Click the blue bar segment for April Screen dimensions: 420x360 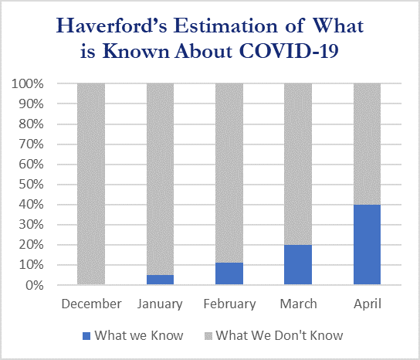coord(367,244)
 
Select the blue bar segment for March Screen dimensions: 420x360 coord(298,264)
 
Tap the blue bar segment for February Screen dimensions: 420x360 coord(229,273)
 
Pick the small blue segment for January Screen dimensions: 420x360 coord(160,280)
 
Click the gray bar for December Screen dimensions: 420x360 coord(91,184)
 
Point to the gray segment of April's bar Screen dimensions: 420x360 coord(367,144)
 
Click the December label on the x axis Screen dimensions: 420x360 coord(91,304)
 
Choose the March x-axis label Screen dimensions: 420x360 coord(298,304)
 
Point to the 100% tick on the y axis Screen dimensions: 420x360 coord(27,84)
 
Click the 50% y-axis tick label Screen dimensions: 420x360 coord(31,185)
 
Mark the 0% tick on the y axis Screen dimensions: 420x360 coord(35,285)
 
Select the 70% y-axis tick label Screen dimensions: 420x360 coord(31,144)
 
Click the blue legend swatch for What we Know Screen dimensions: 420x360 coord(86,336)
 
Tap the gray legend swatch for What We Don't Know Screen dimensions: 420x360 coord(208,336)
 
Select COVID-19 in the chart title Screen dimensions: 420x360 coord(289,50)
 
